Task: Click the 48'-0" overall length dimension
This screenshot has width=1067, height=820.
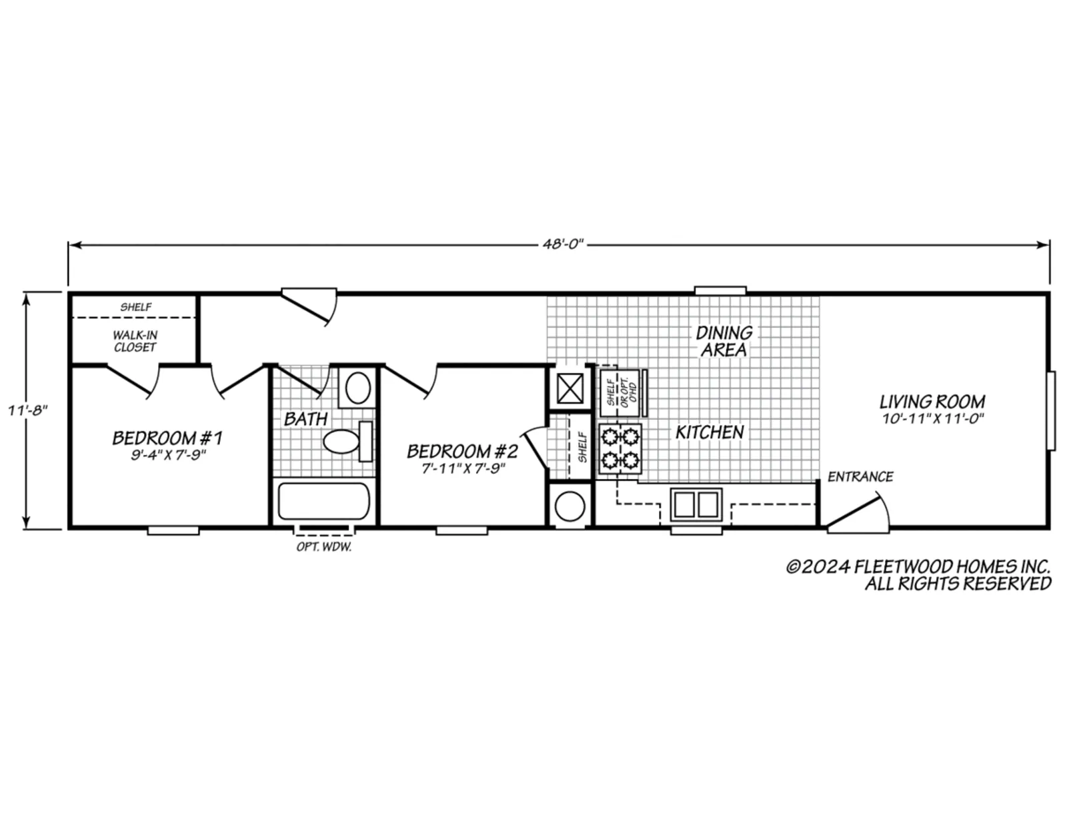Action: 563,244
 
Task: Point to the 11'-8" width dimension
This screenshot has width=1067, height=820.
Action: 27,410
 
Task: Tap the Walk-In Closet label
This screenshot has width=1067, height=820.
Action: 135,341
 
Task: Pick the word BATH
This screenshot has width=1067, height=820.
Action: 306,419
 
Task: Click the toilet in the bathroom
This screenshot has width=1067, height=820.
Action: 347,441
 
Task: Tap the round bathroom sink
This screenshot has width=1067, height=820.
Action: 358,388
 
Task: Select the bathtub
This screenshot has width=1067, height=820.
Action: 323,501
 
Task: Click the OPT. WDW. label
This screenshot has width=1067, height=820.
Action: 323,547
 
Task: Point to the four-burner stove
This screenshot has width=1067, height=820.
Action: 620,449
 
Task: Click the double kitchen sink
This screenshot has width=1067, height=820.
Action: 696,504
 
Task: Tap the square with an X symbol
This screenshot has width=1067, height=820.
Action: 570,388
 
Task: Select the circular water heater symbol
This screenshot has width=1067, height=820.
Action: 570,506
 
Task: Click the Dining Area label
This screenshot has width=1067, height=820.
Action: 724,342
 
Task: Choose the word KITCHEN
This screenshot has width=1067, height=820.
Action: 710,432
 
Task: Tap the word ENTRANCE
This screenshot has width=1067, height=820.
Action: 860,476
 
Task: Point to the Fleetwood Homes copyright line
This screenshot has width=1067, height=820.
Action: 918,566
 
